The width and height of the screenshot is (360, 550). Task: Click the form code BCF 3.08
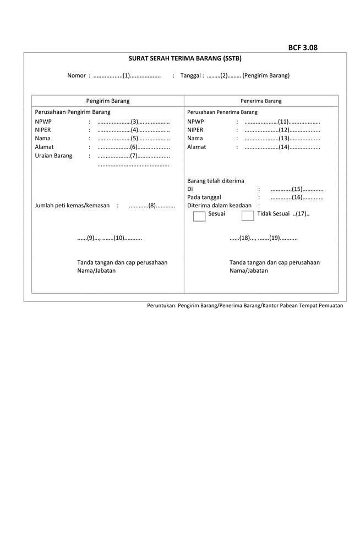click(303, 47)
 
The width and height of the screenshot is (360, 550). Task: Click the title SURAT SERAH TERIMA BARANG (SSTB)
click(185, 58)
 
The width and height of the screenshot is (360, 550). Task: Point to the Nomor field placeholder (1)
click(127, 75)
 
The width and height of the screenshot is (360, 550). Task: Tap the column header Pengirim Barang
click(108, 101)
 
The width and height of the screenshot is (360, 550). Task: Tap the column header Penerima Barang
click(261, 101)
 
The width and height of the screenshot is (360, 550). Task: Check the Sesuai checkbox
click(199, 215)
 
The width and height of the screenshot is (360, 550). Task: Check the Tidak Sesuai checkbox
click(248, 215)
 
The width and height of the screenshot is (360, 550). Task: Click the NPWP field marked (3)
click(134, 121)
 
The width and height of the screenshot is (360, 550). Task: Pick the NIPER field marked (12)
click(283, 130)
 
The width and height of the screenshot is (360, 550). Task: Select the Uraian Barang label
click(53, 156)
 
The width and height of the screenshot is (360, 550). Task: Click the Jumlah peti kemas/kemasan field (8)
click(152, 206)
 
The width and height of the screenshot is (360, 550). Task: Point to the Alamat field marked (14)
click(283, 147)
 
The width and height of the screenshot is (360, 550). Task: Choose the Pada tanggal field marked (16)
click(297, 197)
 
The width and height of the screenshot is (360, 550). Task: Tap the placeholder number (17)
click(301, 213)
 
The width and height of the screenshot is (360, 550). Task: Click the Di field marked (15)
click(297, 189)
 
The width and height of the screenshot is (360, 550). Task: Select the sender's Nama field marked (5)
click(134, 139)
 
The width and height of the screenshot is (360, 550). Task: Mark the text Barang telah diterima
click(215, 180)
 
